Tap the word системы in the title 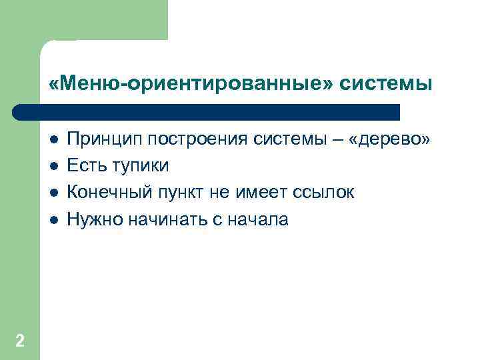click(386, 84)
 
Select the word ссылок click(323, 193)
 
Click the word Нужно click(93, 219)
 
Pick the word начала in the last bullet click(256, 219)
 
